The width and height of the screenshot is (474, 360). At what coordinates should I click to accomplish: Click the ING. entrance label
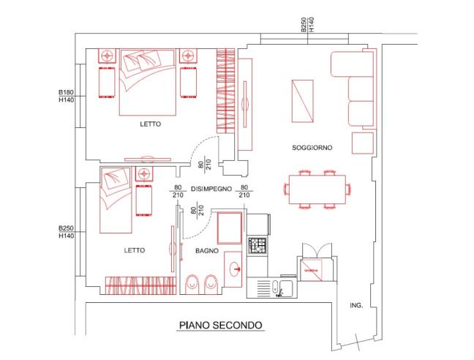point(357,304)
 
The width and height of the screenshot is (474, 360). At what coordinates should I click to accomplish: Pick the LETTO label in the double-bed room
point(150,124)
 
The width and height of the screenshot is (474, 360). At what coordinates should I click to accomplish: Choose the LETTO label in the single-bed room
point(134,250)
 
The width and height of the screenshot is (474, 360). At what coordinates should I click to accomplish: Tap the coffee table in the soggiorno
point(303,101)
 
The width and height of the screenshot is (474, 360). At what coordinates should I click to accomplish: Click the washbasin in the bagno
point(236,269)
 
